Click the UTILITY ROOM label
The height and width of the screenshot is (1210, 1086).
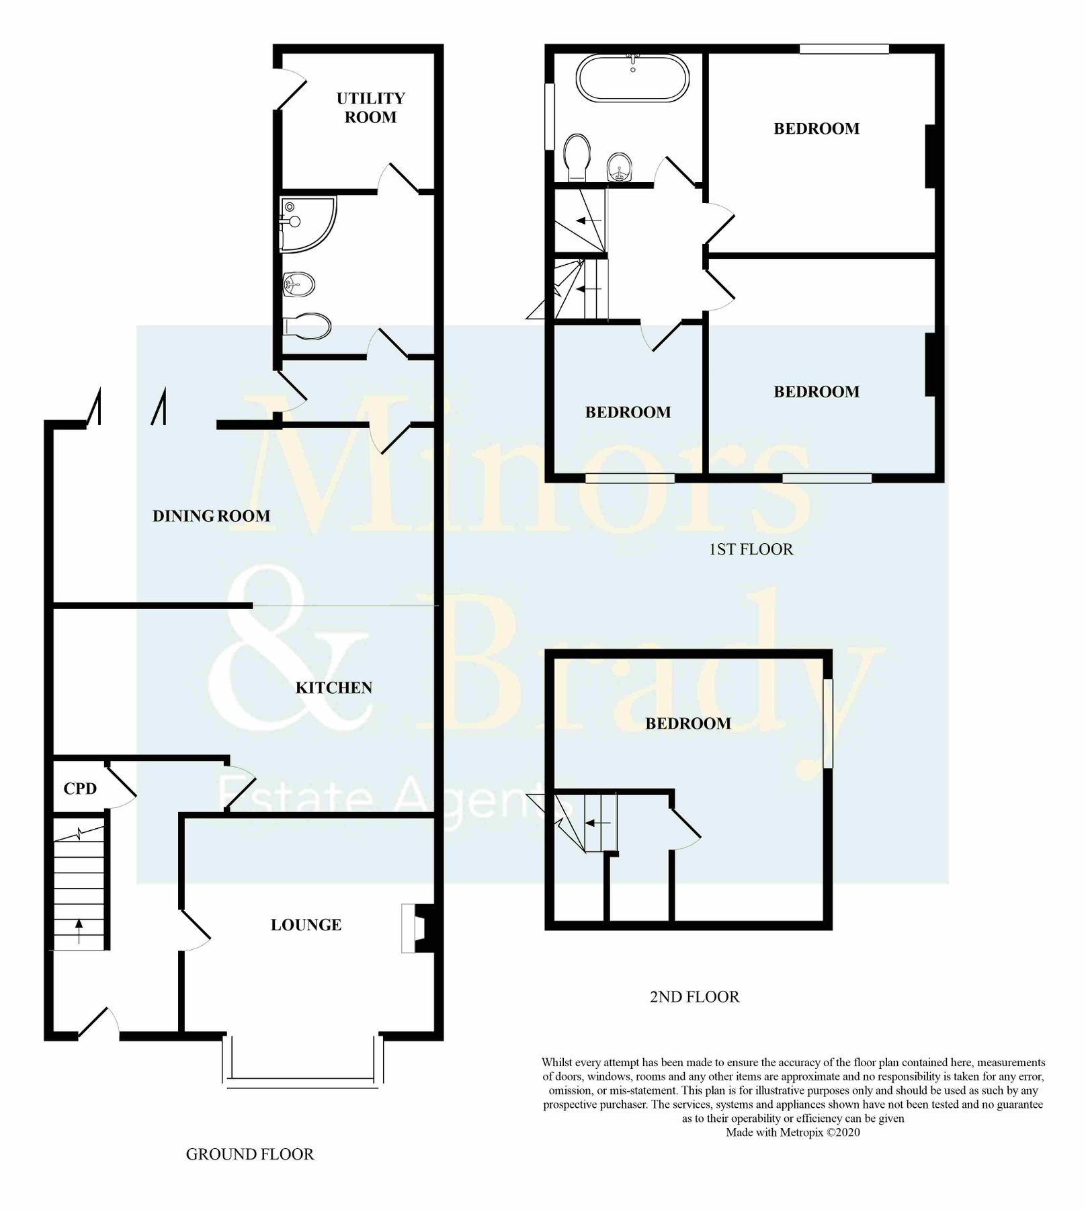point(370,108)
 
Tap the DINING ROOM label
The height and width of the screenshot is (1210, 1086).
point(211,516)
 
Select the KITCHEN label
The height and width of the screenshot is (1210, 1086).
point(333,688)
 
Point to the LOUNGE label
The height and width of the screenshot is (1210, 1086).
point(306,925)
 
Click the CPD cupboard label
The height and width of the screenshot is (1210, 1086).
point(80,789)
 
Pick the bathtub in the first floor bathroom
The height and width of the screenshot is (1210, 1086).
point(632,78)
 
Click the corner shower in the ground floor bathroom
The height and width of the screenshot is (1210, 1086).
point(306,224)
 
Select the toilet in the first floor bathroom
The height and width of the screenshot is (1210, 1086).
point(577,156)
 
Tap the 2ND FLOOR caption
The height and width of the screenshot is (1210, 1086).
point(694,997)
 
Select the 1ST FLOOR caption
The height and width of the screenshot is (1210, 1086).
point(751,549)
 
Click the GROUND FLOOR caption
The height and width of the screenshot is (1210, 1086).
point(249,1154)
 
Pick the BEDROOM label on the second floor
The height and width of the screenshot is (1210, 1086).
point(687,723)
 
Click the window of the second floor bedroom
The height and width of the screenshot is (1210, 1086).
point(828,723)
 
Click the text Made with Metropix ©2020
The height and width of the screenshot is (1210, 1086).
point(792,1133)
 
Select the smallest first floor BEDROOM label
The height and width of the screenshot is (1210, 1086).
point(628,412)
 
